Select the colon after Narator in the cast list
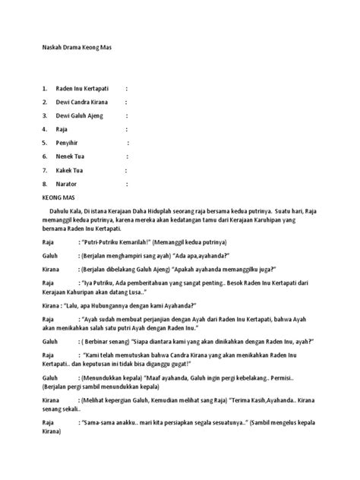127,184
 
